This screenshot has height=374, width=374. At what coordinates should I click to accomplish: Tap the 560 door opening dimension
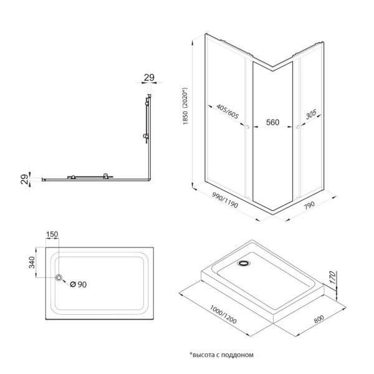[x=273, y=123]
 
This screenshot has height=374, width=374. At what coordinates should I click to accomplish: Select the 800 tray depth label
[x=318, y=317]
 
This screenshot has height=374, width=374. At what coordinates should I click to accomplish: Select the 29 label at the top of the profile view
[x=149, y=78]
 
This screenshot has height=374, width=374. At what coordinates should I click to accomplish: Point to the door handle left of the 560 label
[x=248, y=128]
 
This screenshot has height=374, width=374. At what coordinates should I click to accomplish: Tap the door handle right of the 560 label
[x=298, y=128]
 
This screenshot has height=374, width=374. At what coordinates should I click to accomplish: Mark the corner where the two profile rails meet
[x=148, y=180]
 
